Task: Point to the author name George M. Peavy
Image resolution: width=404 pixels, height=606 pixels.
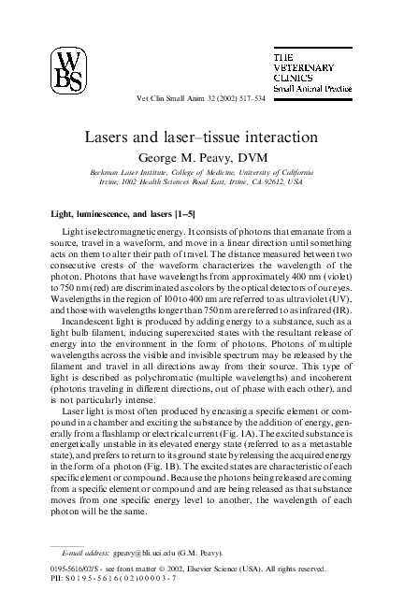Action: [202, 156]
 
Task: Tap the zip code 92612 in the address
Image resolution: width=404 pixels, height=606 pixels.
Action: [304, 182]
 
